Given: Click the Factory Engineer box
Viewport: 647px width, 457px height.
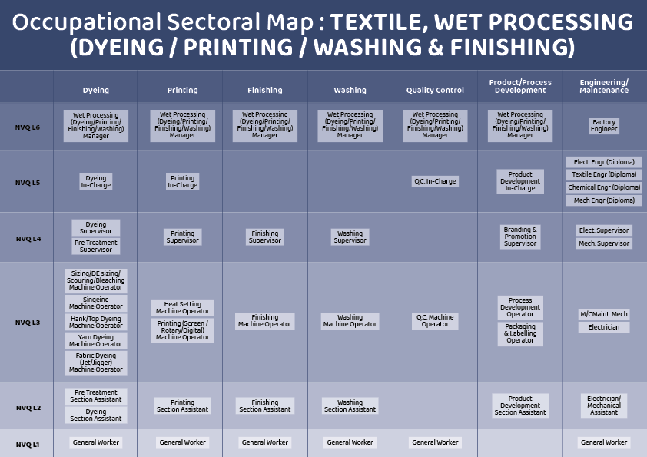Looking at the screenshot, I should point(604,126).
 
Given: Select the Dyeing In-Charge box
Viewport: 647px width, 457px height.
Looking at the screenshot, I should point(96,182).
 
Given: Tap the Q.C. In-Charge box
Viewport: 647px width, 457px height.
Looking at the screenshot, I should point(435,182).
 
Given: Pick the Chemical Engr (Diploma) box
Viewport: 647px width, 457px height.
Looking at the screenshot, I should point(604,187).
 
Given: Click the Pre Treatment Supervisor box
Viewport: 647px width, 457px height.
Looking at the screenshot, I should point(96,246).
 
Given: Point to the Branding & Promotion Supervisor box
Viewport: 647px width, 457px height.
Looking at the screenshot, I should point(520,237).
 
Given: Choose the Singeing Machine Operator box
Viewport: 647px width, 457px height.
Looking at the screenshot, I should point(96,303).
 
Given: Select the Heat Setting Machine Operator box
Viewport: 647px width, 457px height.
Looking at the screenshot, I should point(182,308).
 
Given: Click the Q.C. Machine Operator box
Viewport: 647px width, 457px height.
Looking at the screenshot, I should point(435,320).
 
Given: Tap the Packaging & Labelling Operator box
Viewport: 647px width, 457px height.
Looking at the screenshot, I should point(520,333).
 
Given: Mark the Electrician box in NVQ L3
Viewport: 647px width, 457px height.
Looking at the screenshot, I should point(604,327).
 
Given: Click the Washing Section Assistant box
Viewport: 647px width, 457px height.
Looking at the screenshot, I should point(350,406).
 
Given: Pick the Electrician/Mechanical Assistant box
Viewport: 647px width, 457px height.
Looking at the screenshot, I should point(604,405).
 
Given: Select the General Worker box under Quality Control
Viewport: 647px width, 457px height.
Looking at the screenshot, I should point(435,442).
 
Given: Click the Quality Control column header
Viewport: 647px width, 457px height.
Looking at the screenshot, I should point(435,90).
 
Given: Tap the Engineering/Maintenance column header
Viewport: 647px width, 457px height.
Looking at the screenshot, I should point(604,86).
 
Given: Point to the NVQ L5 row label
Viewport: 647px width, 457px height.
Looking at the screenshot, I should point(28,183).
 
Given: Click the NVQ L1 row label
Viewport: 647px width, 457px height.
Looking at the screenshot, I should point(28,444).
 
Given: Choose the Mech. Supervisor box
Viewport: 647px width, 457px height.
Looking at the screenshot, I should point(604,243).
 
